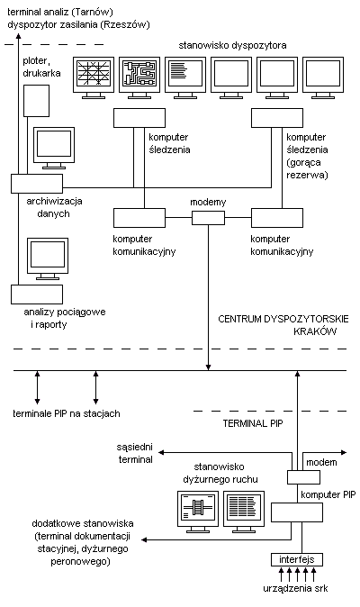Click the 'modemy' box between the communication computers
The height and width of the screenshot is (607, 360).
(x=208, y=218)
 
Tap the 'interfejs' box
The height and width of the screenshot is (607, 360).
(x=297, y=559)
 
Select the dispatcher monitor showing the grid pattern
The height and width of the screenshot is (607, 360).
(x=94, y=77)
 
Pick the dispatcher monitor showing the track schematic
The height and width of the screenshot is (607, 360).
(x=139, y=77)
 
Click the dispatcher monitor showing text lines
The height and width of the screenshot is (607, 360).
(x=185, y=77)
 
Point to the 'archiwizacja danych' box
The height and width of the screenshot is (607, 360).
(x=37, y=184)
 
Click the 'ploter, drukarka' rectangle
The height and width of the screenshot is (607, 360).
(x=37, y=101)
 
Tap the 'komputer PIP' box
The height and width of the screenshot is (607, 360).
(x=297, y=512)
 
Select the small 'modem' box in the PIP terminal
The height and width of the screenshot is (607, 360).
(x=303, y=477)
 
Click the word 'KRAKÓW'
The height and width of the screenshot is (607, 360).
(x=315, y=331)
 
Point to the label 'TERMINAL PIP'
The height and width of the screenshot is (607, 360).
(x=253, y=423)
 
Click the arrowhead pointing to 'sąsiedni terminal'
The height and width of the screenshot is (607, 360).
(x=161, y=452)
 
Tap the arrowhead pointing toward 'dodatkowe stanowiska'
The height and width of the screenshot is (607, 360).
(x=144, y=539)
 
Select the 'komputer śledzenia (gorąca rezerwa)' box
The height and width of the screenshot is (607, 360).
(x=277, y=118)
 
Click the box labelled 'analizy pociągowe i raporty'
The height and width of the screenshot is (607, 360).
(x=37, y=294)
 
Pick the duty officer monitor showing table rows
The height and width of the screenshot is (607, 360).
(x=244, y=511)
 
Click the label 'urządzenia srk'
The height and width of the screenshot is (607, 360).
(x=295, y=589)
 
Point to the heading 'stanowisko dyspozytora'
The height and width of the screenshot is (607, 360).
(x=232, y=45)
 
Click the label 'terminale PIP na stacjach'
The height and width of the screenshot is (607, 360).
(x=67, y=413)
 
